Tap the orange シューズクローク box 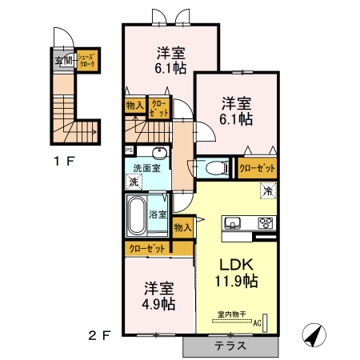click(x=88, y=60)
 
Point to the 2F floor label click(x=98, y=336)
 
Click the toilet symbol click(x=214, y=169)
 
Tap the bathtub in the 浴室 click(x=137, y=214)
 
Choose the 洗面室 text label click(x=146, y=167)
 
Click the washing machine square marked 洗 click(x=133, y=182)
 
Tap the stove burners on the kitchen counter click(x=265, y=222)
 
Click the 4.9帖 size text click(x=158, y=305)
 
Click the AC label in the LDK click(x=258, y=323)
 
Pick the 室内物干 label click(x=232, y=314)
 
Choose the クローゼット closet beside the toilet click(x=257, y=168)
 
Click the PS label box click(x=129, y=150)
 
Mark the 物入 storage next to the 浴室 click(x=183, y=227)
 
